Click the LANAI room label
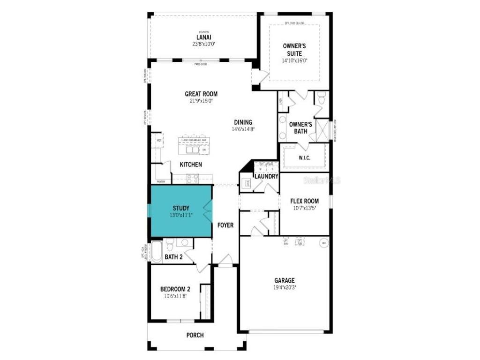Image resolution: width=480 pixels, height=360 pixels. (x=203, y=37)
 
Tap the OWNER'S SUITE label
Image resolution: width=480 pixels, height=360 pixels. (x=294, y=50)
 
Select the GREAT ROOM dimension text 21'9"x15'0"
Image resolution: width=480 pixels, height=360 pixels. (x=201, y=100)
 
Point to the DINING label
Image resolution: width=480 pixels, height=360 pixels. (x=243, y=122)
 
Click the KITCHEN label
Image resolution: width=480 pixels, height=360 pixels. (x=191, y=165)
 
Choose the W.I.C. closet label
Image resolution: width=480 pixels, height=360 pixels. (x=304, y=158)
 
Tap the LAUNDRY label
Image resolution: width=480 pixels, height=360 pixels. (x=266, y=177)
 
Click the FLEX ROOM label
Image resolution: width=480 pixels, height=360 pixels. (x=305, y=201)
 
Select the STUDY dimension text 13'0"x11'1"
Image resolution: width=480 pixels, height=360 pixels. (x=181, y=215)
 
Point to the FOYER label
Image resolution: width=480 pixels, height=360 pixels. (x=225, y=225)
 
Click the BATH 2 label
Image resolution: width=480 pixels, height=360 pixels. (x=173, y=256)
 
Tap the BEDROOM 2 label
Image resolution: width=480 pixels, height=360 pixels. (x=175, y=289)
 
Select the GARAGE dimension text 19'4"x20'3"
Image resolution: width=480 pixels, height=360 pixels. (x=285, y=287)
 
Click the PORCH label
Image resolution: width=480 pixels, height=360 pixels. (x=195, y=335)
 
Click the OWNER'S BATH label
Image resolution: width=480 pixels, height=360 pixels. (x=300, y=127)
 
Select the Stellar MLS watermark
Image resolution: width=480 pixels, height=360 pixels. (x=322, y=180)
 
